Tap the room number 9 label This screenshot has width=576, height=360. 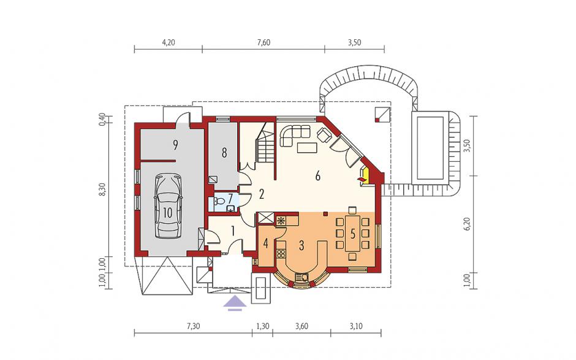pyautogui.click(x=176, y=145)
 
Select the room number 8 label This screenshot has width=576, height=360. pyautogui.click(x=224, y=153)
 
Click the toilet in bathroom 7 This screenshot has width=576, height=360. pyautogui.click(x=219, y=201)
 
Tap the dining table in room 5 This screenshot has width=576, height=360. pyautogui.click(x=353, y=234)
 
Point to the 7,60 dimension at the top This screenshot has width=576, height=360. pyautogui.click(x=263, y=43)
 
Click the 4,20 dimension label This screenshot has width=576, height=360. pyautogui.click(x=169, y=43)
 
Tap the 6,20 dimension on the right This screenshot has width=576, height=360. pyautogui.click(x=468, y=224)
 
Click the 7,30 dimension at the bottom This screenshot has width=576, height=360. pyautogui.click(x=193, y=326)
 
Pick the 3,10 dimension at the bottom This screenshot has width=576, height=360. pyautogui.click(x=356, y=326)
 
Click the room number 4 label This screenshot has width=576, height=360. pyautogui.click(x=266, y=243)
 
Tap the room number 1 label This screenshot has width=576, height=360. pyautogui.click(x=232, y=231)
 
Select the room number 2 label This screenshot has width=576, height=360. pyautogui.click(x=261, y=194)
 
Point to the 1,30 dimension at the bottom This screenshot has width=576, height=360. pyautogui.click(x=262, y=326)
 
